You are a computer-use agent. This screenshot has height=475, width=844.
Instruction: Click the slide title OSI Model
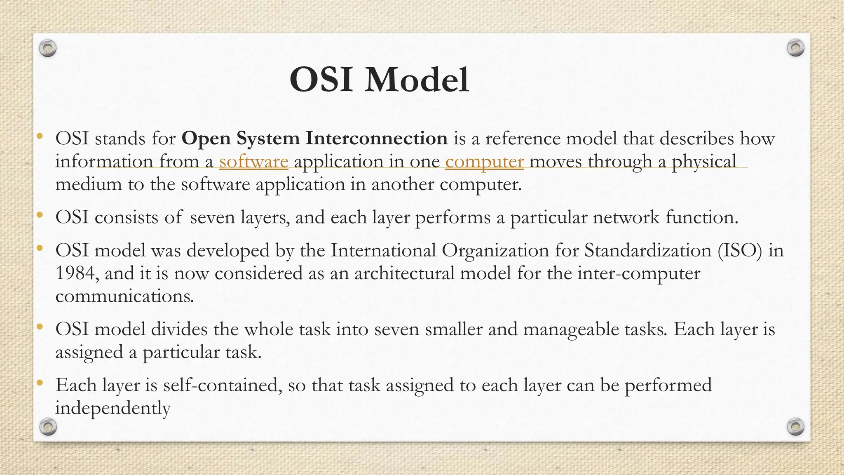tap(379, 80)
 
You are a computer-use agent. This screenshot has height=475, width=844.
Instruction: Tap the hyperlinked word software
tap(253, 161)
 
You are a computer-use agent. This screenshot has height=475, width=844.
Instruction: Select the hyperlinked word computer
tap(484, 161)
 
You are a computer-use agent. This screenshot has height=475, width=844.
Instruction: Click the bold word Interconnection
tap(376, 138)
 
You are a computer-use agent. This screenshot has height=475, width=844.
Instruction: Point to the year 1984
tap(76, 273)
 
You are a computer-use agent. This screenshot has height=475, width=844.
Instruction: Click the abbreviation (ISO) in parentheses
tap(740, 251)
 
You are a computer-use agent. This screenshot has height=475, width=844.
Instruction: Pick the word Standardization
tap(647, 251)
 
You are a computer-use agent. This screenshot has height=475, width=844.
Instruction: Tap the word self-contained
tap(223, 386)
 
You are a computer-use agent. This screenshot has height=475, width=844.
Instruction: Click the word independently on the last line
tap(113, 409)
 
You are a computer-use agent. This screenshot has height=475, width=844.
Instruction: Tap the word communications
tap(124, 296)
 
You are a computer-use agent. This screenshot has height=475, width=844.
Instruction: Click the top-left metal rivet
tap(48, 49)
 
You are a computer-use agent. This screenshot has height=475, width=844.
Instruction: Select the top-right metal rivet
tap(795, 48)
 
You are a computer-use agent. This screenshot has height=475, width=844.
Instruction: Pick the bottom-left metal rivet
tap(48, 426)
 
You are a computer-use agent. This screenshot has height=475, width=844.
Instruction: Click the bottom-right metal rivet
tap(795, 426)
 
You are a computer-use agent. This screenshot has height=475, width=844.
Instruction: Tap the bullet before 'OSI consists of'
tap(40, 215)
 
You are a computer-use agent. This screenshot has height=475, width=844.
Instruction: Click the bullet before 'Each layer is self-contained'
tap(40, 383)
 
